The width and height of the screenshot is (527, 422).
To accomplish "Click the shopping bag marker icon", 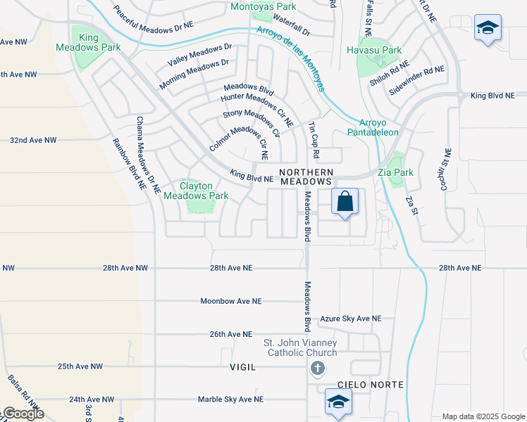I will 345,202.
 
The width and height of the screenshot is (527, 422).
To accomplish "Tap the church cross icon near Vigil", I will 317,368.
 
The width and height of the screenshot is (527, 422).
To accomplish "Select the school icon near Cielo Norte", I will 338,402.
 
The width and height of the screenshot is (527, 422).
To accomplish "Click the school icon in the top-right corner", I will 487,28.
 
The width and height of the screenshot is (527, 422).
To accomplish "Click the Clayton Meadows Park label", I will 196,191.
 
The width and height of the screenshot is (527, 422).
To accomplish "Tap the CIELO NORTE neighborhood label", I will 371,385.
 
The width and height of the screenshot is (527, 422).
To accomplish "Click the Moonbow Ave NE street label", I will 231,301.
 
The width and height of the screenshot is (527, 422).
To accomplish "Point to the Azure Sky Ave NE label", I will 350,319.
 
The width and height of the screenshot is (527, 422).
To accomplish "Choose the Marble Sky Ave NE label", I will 230,399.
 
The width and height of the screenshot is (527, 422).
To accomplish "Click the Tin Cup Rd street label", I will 314,140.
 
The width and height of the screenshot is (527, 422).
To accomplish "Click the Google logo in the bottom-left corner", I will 23,414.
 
